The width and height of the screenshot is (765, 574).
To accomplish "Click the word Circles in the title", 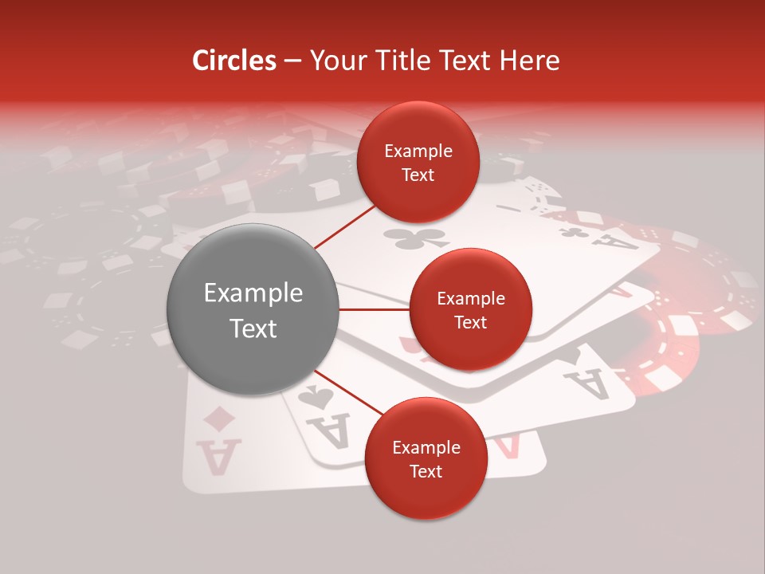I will [x=233, y=60].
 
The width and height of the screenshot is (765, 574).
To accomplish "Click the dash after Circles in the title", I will [x=292, y=61].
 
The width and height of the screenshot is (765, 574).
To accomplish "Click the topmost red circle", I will [x=418, y=162].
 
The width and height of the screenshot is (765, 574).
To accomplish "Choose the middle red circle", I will [x=470, y=309].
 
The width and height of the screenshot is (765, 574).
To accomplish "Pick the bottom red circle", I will [x=426, y=458].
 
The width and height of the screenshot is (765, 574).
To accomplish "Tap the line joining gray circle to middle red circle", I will [x=374, y=309].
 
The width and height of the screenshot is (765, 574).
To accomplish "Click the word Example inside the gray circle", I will [x=253, y=293].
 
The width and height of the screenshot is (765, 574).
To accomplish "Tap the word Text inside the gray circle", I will [x=253, y=328].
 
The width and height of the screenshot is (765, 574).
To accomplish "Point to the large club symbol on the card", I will [x=414, y=237].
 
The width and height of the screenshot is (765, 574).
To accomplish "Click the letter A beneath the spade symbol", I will [x=334, y=431].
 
